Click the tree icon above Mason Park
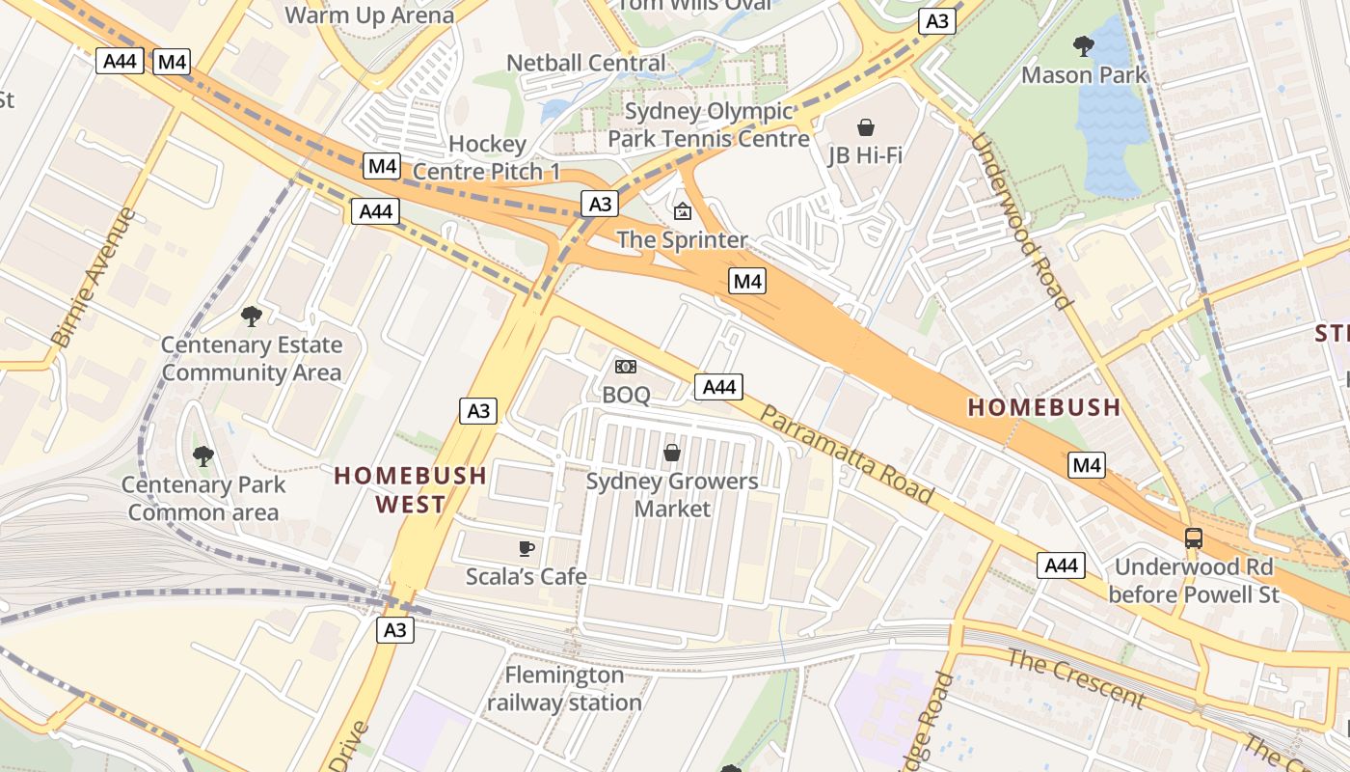pyautogui.click(x=1083, y=45)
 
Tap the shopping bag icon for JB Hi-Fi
pyautogui.click(x=865, y=127)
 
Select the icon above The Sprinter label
pyautogui.click(x=683, y=210)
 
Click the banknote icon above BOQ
pyautogui.click(x=626, y=367)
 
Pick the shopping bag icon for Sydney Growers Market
pyautogui.click(x=672, y=452)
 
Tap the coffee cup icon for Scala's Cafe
pyautogui.click(x=526, y=548)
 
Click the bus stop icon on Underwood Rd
pyautogui.click(x=1194, y=538)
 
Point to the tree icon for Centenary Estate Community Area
pyautogui.click(x=251, y=316)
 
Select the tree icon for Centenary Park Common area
pyautogui.click(x=202, y=455)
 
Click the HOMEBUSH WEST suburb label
pyautogui.click(x=410, y=489)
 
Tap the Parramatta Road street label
pyautogui.click(x=847, y=454)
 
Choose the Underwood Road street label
pyautogui.click(x=1021, y=221)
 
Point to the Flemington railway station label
pyautogui.click(x=564, y=688)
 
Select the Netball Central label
pyautogui.click(x=585, y=63)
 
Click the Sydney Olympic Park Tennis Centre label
pyautogui.click(x=708, y=124)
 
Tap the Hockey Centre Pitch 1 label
pyautogui.click(x=487, y=157)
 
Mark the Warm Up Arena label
pyautogui.click(x=369, y=15)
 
